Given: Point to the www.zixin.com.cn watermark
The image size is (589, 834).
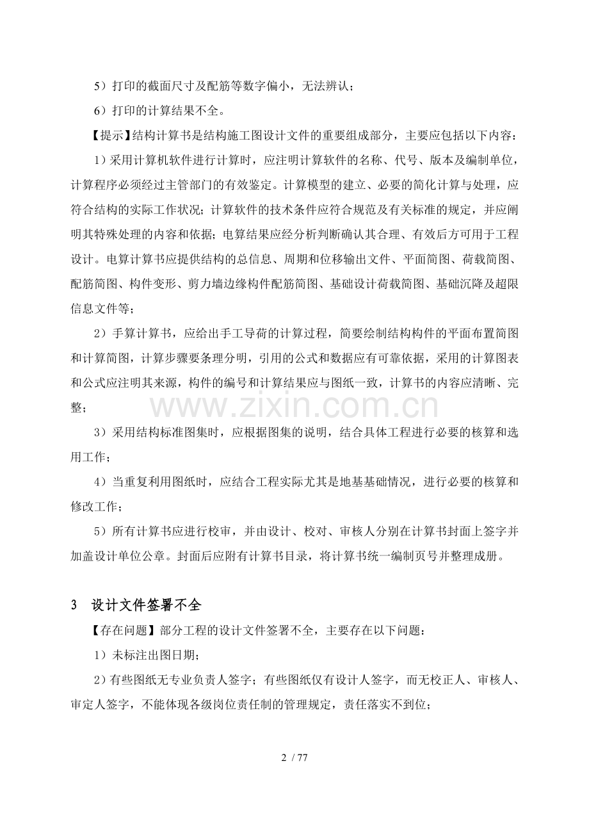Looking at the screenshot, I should click(x=294, y=406).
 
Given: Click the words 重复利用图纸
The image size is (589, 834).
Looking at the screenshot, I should click(x=173, y=482).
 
